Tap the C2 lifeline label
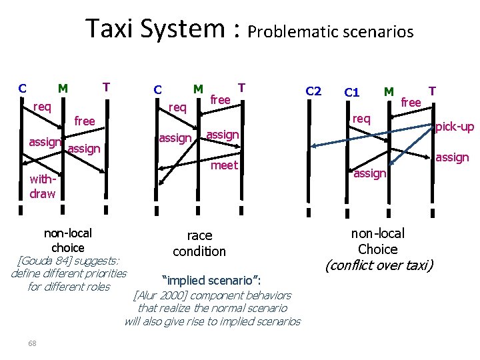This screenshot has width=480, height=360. click(313, 91)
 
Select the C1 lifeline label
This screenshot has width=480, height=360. click(352, 92)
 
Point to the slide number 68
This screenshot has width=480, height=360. click(32, 343)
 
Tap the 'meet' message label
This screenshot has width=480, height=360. click(225, 165)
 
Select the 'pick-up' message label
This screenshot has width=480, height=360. click(455, 126)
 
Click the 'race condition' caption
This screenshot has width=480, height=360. click(199, 243)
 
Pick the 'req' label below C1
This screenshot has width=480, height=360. click(361, 119)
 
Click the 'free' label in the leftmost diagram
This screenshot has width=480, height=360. click(85, 121)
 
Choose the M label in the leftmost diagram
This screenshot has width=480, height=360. click(63, 87)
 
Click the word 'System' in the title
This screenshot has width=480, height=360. click(187, 29)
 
